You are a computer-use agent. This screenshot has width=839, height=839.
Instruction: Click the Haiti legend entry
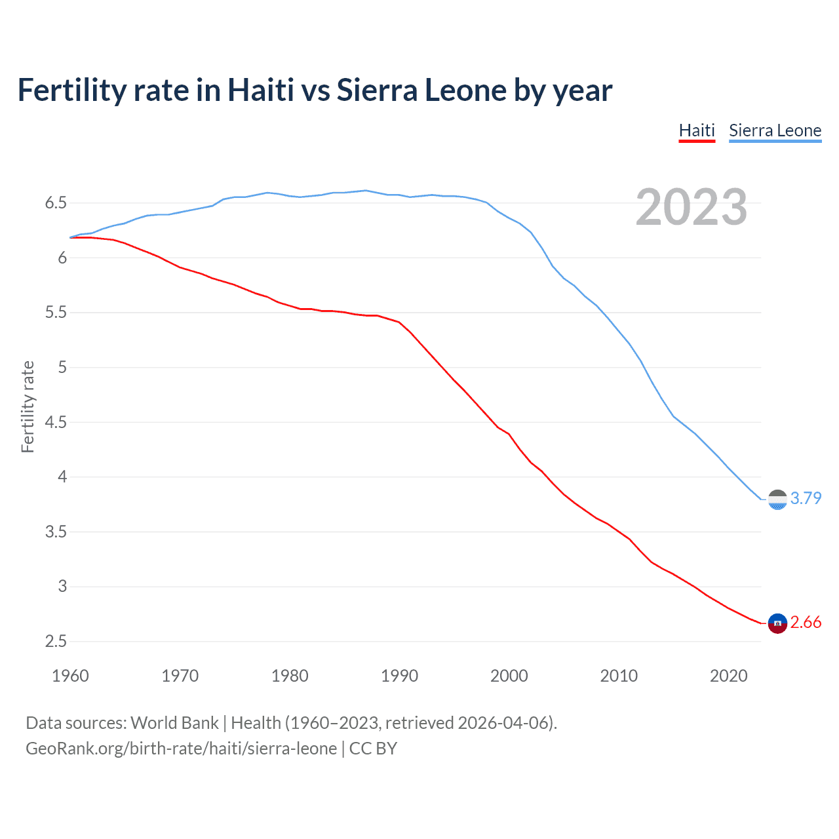(696, 130)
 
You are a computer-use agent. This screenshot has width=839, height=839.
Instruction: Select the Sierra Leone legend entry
(775, 130)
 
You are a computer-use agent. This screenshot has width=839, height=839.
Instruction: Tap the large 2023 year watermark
(691, 207)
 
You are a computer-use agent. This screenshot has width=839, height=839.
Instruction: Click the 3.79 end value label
(806, 498)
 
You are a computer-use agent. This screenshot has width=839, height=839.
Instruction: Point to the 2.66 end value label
(806, 622)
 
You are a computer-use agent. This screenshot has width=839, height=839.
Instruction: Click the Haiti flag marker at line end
(777, 623)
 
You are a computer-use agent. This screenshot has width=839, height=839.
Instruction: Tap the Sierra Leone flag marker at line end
(777, 499)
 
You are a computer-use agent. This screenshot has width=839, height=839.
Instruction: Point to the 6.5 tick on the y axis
(56, 203)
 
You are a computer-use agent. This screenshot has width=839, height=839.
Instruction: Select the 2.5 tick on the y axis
(56, 641)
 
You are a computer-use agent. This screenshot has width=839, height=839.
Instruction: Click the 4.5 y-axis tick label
(56, 422)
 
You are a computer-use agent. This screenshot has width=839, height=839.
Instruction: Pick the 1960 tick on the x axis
(70, 676)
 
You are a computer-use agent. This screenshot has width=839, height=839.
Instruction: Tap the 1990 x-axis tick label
(399, 676)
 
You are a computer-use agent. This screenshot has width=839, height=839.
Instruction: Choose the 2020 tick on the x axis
(728, 676)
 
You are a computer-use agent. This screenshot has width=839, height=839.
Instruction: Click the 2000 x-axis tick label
(509, 676)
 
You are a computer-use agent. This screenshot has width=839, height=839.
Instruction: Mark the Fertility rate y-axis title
(28, 406)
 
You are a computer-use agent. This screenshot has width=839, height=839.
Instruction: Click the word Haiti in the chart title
(260, 90)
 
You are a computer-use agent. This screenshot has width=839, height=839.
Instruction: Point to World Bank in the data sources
(174, 723)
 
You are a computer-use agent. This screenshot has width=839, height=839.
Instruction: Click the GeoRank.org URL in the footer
(181, 749)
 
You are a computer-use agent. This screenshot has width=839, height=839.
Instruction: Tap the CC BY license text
(373, 749)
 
